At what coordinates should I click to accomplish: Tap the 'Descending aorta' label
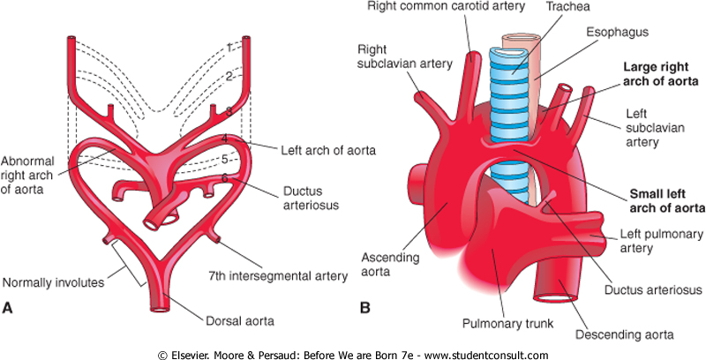tap(629, 334)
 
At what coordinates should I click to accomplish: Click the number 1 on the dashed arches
tap(228, 46)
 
